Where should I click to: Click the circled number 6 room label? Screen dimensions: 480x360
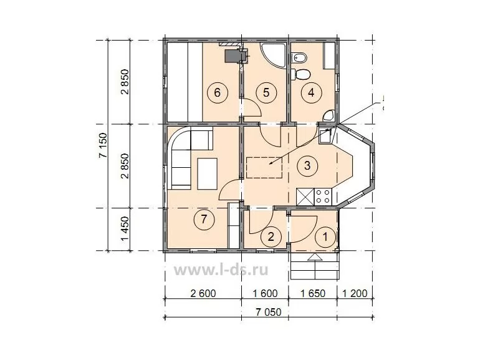(217, 92)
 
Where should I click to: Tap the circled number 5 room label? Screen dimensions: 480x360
(266, 92)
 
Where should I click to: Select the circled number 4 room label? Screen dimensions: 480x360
(311, 92)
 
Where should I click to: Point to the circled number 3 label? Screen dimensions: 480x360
(307, 166)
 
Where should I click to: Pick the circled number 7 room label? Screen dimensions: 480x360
(204, 219)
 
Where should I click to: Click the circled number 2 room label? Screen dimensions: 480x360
(271, 236)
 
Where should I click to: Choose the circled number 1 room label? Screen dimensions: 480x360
(325, 236)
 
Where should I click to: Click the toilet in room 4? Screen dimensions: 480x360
(300, 74)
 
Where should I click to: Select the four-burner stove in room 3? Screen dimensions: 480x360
(324, 197)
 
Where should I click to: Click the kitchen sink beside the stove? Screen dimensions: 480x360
(305, 197)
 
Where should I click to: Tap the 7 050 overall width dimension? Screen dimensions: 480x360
(269, 312)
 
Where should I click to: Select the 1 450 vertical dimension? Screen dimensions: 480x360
(125, 229)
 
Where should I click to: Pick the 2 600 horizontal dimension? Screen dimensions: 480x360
(203, 293)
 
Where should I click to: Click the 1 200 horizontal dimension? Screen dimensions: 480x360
(355, 293)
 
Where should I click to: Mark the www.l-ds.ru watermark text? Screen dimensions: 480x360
(221, 270)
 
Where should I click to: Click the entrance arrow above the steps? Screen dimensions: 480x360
(315, 257)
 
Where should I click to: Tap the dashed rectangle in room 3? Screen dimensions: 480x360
(264, 168)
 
